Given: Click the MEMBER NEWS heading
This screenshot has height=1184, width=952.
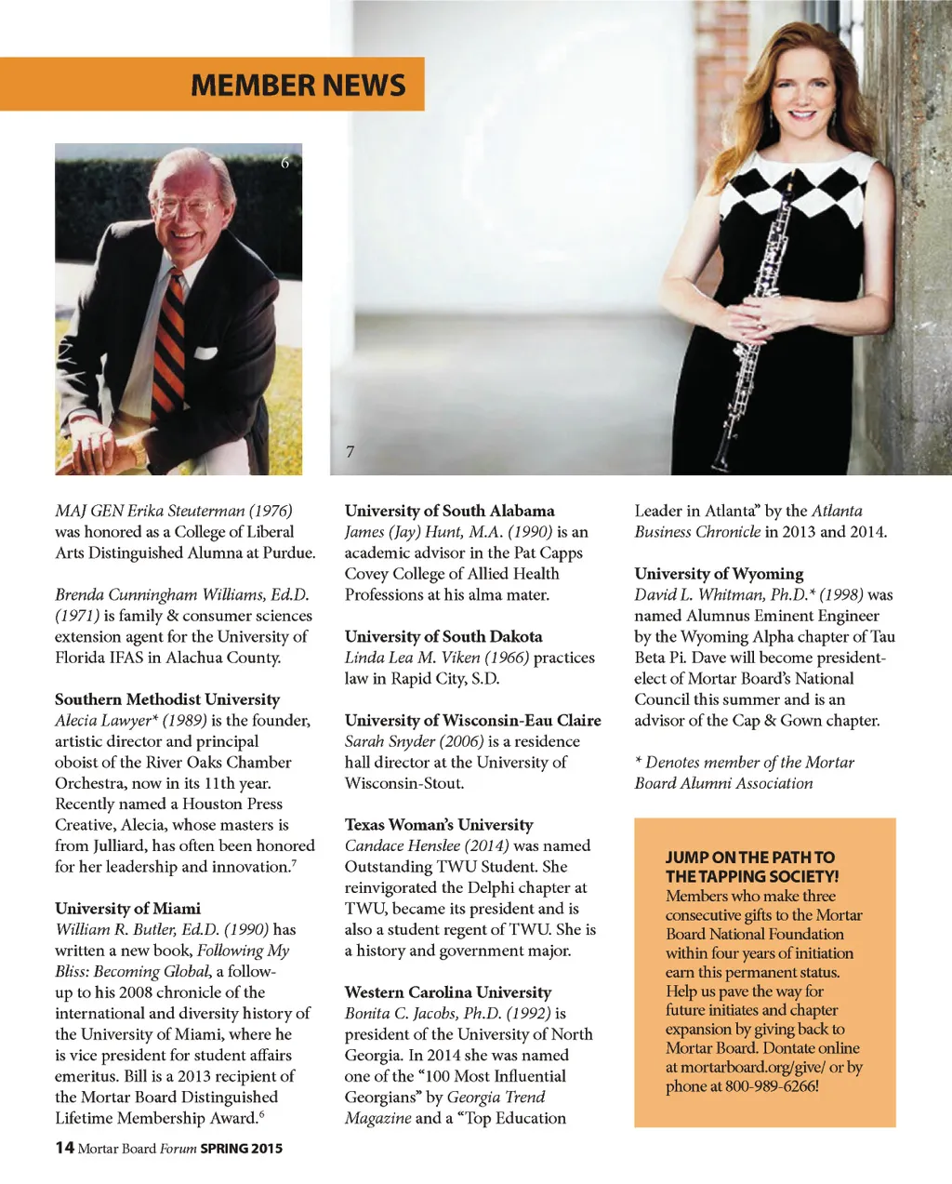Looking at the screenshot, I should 297,86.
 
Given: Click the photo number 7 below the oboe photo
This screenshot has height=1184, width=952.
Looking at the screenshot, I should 350,452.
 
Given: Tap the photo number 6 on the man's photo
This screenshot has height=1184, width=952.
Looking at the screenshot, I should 285,163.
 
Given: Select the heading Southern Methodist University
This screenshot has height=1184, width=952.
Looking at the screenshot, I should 167,699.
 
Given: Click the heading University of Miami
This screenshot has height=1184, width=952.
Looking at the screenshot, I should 127,909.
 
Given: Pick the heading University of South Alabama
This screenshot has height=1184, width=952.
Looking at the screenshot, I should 449,511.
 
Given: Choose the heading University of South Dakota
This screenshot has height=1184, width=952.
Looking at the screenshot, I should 443,636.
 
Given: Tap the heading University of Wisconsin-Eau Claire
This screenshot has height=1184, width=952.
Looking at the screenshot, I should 472,720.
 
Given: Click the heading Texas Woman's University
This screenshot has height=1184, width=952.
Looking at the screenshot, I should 439,825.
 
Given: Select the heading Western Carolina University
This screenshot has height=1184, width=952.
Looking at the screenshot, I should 448,992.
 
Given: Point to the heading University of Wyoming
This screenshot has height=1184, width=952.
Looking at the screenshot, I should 719,574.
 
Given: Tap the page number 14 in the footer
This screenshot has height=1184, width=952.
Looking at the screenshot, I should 64,1148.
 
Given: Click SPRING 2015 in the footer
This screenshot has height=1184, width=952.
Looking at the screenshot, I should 241,1149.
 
